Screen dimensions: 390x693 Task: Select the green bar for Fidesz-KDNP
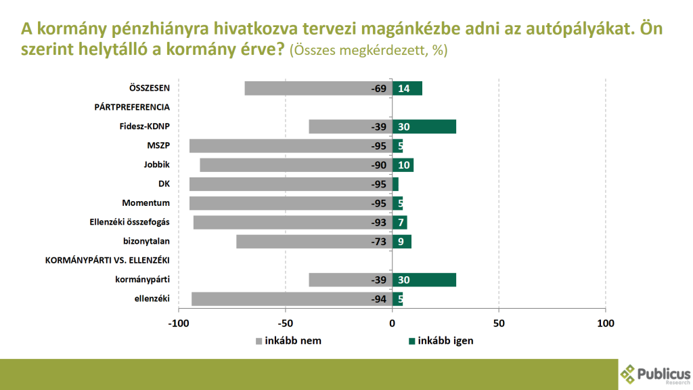tap(424, 127)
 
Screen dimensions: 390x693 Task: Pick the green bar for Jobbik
tap(403, 165)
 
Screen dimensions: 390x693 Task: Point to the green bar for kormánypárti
tap(424, 280)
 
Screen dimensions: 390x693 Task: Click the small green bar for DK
tap(395, 184)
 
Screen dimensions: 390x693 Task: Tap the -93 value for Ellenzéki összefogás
tap(378, 223)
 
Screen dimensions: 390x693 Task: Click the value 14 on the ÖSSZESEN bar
tap(404, 89)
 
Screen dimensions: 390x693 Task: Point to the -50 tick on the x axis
tap(286, 324)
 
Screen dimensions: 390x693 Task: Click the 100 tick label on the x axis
tap(605, 324)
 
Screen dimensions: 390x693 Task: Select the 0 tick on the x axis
tap(392, 324)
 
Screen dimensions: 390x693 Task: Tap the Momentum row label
tap(146, 203)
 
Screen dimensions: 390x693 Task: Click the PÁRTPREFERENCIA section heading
tap(132, 107)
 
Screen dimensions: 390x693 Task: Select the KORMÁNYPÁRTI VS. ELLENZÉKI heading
tap(107, 261)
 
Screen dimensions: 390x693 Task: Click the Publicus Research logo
tap(655, 374)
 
